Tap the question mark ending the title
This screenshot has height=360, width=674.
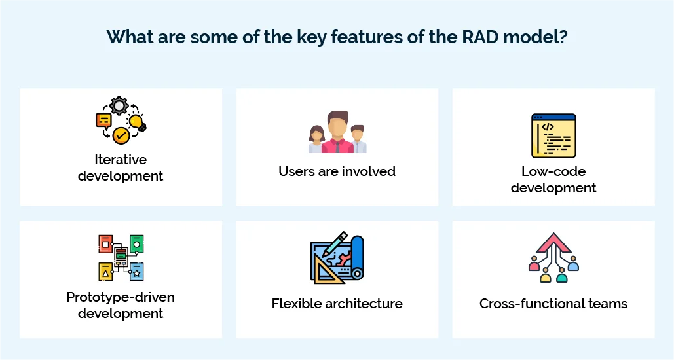pyautogui.click(x=563, y=37)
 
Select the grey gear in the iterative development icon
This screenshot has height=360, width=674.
pyautogui.click(x=119, y=105)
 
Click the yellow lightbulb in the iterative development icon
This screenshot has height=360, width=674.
pyautogui.click(x=137, y=122)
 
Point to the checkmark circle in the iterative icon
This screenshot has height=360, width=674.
pyautogui.click(x=121, y=135)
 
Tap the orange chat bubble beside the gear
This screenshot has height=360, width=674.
pyautogui.click(x=103, y=120)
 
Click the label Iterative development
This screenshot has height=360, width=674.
pyautogui.click(x=121, y=168)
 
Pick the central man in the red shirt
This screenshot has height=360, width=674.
pyautogui.click(x=337, y=133)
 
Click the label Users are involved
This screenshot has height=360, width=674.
pyautogui.click(x=337, y=171)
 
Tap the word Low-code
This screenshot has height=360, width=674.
pyautogui.click(x=553, y=171)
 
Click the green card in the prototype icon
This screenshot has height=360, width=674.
pyautogui.click(x=136, y=243)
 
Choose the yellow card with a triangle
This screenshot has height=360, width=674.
pyautogui.click(x=105, y=270)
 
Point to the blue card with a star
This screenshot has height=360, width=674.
pyautogui.click(x=136, y=270)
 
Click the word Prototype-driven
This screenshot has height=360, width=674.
pyautogui.click(x=121, y=297)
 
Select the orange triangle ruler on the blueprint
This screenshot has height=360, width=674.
pyautogui.click(x=326, y=271)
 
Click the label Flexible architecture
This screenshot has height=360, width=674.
pyautogui.click(x=337, y=304)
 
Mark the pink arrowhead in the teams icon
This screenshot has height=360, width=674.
pyautogui.click(x=553, y=242)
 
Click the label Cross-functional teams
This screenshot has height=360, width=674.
pyautogui.click(x=553, y=304)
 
